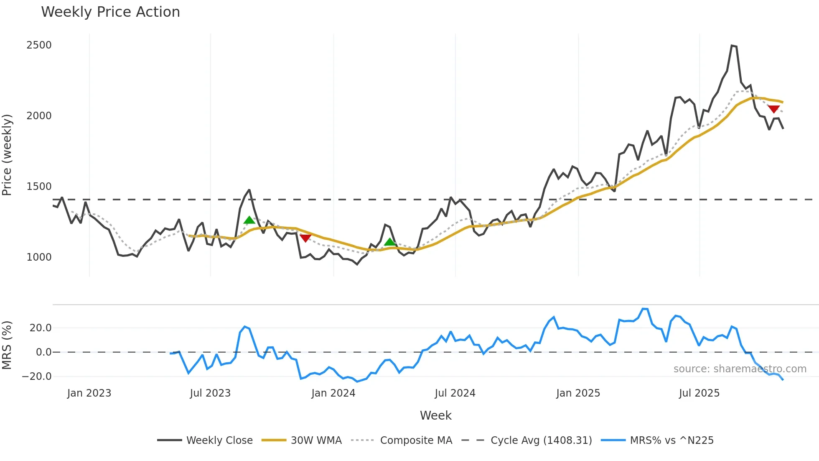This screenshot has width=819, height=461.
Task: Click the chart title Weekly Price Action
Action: pyautogui.click(x=110, y=12)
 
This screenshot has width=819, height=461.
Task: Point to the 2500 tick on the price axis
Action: pyautogui.click(x=39, y=45)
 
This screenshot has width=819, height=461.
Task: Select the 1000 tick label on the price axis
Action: pyautogui.click(x=39, y=257)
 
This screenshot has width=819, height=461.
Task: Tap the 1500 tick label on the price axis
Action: pyautogui.click(x=39, y=187)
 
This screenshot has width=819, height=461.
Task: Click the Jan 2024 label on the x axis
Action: pyautogui.click(x=333, y=393)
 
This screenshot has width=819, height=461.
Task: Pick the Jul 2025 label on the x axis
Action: pyautogui.click(x=699, y=393)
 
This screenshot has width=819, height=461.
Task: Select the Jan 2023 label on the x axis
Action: pyautogui.click(x=89, y=393)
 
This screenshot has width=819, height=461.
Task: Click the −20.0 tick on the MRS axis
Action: pyautogui.click(x=37, y=376)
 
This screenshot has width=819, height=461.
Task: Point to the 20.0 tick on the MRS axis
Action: pyautogui.click(x=41, y=328)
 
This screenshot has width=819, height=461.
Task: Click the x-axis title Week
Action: pyautogui.click(x=435, y=415)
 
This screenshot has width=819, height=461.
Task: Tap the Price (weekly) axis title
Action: pyautogui.click(x=7, y=155)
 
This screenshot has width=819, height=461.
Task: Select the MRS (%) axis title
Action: pyautogui.click(x=7, y=345)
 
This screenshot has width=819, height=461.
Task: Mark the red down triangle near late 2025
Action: pyautogui.click(x=773, y=109)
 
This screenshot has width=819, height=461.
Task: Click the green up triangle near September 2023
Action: pyautogui.click(x=249, y=220)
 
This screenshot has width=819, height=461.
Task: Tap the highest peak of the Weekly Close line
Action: pyautogui.click(x=732, y=46)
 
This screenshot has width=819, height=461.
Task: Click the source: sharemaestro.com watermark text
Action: pyautogui.click(x=740, y=369)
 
